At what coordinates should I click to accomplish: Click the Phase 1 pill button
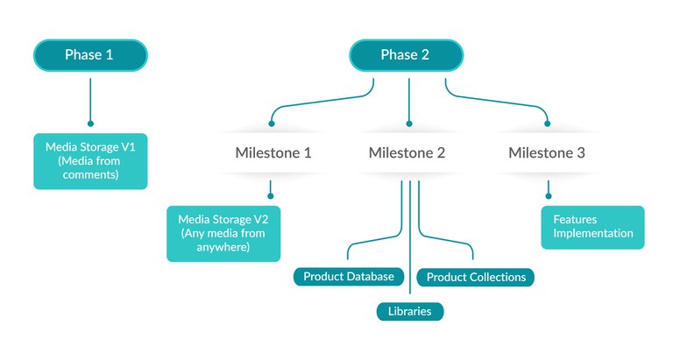click(89, 55)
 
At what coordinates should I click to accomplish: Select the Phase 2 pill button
click(405, 55)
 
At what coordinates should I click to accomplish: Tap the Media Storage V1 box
click(90, 160)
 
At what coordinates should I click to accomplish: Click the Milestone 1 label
click(273, 152)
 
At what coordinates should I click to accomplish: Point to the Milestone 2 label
click(407, 152)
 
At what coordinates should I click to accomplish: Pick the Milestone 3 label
click(547, 152)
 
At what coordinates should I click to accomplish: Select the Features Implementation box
click(592, 227)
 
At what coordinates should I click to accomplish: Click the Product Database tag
click(349, 277)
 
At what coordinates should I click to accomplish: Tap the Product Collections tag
click(476, 278)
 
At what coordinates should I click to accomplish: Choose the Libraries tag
click(410, 311)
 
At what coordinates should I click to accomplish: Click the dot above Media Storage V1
click(90, 124)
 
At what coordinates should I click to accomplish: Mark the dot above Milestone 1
click(272, 124)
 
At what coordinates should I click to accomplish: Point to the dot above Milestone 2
click(408, 124)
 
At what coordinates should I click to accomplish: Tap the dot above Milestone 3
click(549, 124)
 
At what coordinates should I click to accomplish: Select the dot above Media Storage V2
click(270, 195)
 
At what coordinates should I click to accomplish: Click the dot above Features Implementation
click(549, 195)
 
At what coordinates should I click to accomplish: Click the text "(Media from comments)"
click(90, 168)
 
